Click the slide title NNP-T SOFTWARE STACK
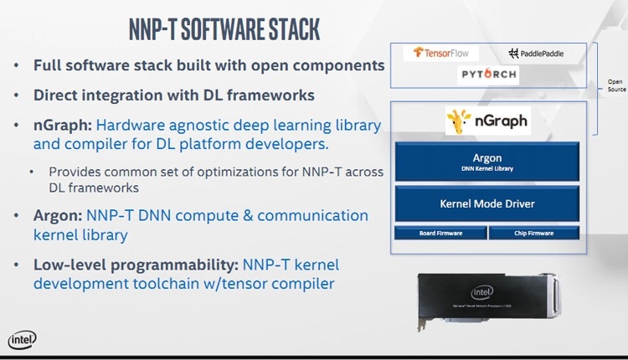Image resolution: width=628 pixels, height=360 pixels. click(x=224, y=28)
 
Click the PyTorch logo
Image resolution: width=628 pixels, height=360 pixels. click(x=489, y=75)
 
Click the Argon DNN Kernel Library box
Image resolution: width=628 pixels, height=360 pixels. click(x=486, y=162)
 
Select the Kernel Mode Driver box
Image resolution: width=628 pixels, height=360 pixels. click(x=486, y=203)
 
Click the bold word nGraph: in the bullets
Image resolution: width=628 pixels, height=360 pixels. click(x=63, y=126)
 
